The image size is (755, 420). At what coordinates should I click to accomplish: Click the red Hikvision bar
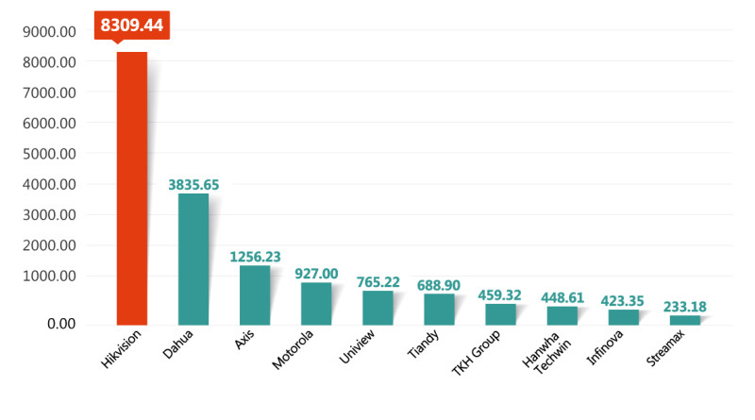click(x=131, y=188)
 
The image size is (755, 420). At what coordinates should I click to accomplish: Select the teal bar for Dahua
click(x=193, y=259)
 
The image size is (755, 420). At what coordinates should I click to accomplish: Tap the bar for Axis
click(x=255, y=294)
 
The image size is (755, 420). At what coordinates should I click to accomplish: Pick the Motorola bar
click(x=316, y=303)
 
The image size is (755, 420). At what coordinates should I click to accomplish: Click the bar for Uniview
click(x=377, y=307)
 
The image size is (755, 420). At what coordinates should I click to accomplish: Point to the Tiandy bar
click(x=439, y=309)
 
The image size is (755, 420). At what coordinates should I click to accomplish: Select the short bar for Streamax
click(x=685, y=319)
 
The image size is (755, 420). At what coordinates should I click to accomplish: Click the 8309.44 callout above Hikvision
click(x=132, y=25)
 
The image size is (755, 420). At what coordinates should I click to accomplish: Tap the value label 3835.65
click(x=193, y=185)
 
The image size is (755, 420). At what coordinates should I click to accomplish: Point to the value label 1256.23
click(x=256, y=257)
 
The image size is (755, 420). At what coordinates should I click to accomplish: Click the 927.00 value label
click(x=317, y=274)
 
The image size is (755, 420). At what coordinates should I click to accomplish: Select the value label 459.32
click(x=501, y=295)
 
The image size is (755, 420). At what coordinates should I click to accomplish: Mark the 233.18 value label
click(x=685, y=307)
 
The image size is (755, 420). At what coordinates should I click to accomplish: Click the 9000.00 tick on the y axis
click(x=50, y=32)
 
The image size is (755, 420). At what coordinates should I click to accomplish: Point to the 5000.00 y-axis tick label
click(x=50, y=154)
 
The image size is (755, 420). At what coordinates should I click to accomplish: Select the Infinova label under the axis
click(x=606, y=349)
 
